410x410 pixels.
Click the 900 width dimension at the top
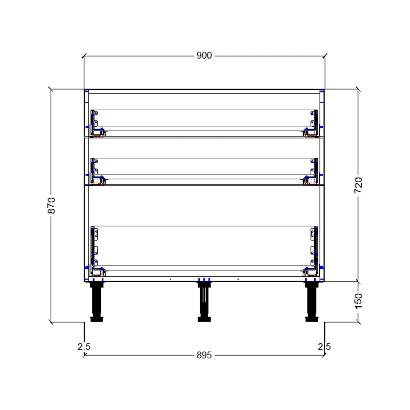pos(204,55)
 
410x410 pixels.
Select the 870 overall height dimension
pos(51,205)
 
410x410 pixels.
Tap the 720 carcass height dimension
pos(358,185)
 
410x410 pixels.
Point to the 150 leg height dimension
pos(358,301)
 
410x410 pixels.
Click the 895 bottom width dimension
pos(204,355)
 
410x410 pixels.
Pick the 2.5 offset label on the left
pos(84,347)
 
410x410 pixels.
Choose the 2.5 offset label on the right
pos(324,347)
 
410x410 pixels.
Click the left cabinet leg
pos(97,301)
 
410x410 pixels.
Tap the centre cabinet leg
pos(204,301)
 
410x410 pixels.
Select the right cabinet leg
pos(312,301)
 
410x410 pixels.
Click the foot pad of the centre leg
pos(204,319)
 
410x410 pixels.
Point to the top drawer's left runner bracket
pos(96,123)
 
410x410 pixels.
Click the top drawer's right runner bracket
pos(313,123)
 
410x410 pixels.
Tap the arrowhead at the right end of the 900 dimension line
pos(325,56)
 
